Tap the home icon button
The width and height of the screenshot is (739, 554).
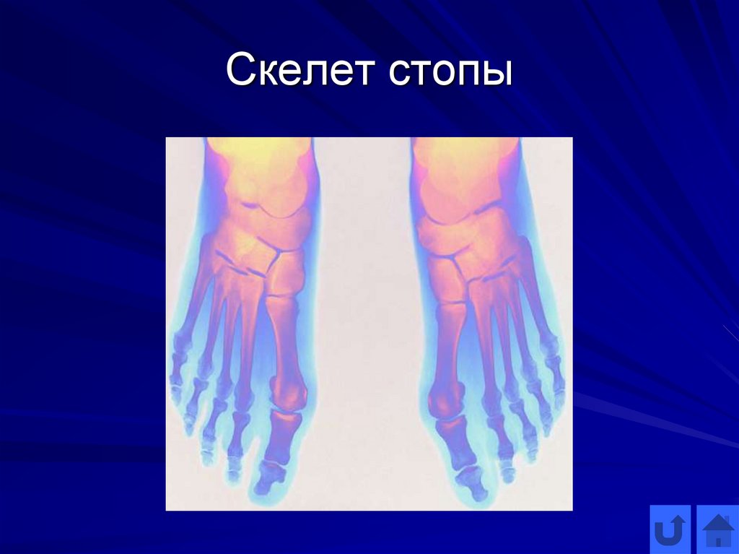[717, 531]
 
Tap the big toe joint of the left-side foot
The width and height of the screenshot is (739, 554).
[288, 402]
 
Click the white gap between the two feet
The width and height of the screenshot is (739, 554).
[361, 325]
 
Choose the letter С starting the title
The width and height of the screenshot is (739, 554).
[237, 74]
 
